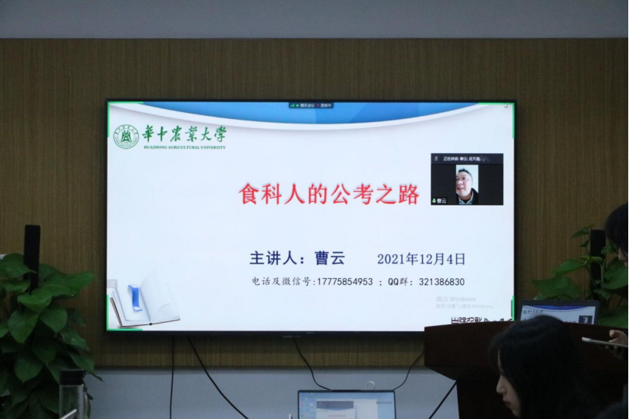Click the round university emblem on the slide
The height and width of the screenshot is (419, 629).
tap(126, 136)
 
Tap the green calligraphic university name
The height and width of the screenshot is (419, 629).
tap(184, 134)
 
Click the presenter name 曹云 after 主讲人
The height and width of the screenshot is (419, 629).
tap(330, 258)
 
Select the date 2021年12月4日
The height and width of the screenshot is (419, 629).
tap(421, 259)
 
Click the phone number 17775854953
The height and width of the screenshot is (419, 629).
tap(344, 282)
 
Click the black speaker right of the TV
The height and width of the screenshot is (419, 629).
tap(597, 250)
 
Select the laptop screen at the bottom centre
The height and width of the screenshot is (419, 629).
tap(347, 405)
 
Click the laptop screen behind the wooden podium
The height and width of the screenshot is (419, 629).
tap(557, 311)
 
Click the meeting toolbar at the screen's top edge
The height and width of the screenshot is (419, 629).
tap(311, 105)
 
